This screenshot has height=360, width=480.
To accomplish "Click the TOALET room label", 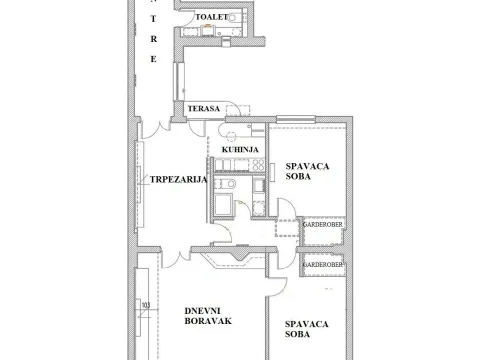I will (x=212, y=18).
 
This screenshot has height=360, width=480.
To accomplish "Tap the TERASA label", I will (x=203, y=108).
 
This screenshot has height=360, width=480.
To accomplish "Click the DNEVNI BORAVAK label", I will (x=208, y=317).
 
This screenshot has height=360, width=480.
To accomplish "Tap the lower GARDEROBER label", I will (x=322, y=264).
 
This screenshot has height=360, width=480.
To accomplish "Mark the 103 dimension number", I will (x=146, y=305).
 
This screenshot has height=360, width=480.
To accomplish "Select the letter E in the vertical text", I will (x=153, y=61).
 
